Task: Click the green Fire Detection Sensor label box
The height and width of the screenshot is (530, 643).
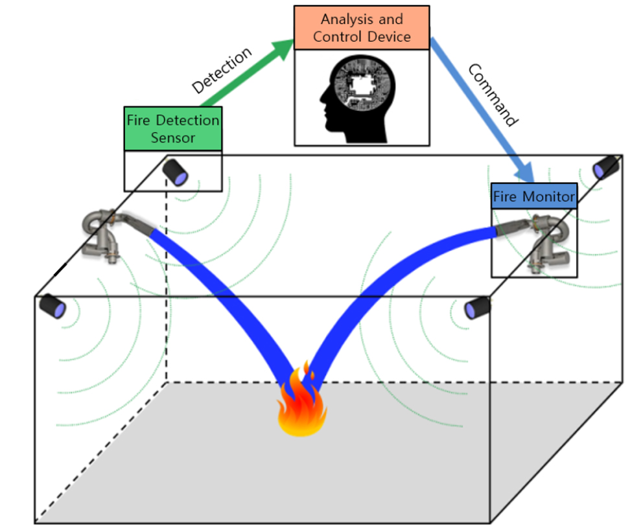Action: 172,129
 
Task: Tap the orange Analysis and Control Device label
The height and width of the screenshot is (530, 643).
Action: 362,28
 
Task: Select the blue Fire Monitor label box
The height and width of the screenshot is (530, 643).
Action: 533,196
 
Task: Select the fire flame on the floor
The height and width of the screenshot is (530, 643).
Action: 302,405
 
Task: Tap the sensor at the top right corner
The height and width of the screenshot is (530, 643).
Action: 607,167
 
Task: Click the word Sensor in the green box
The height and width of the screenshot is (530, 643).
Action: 172,137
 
